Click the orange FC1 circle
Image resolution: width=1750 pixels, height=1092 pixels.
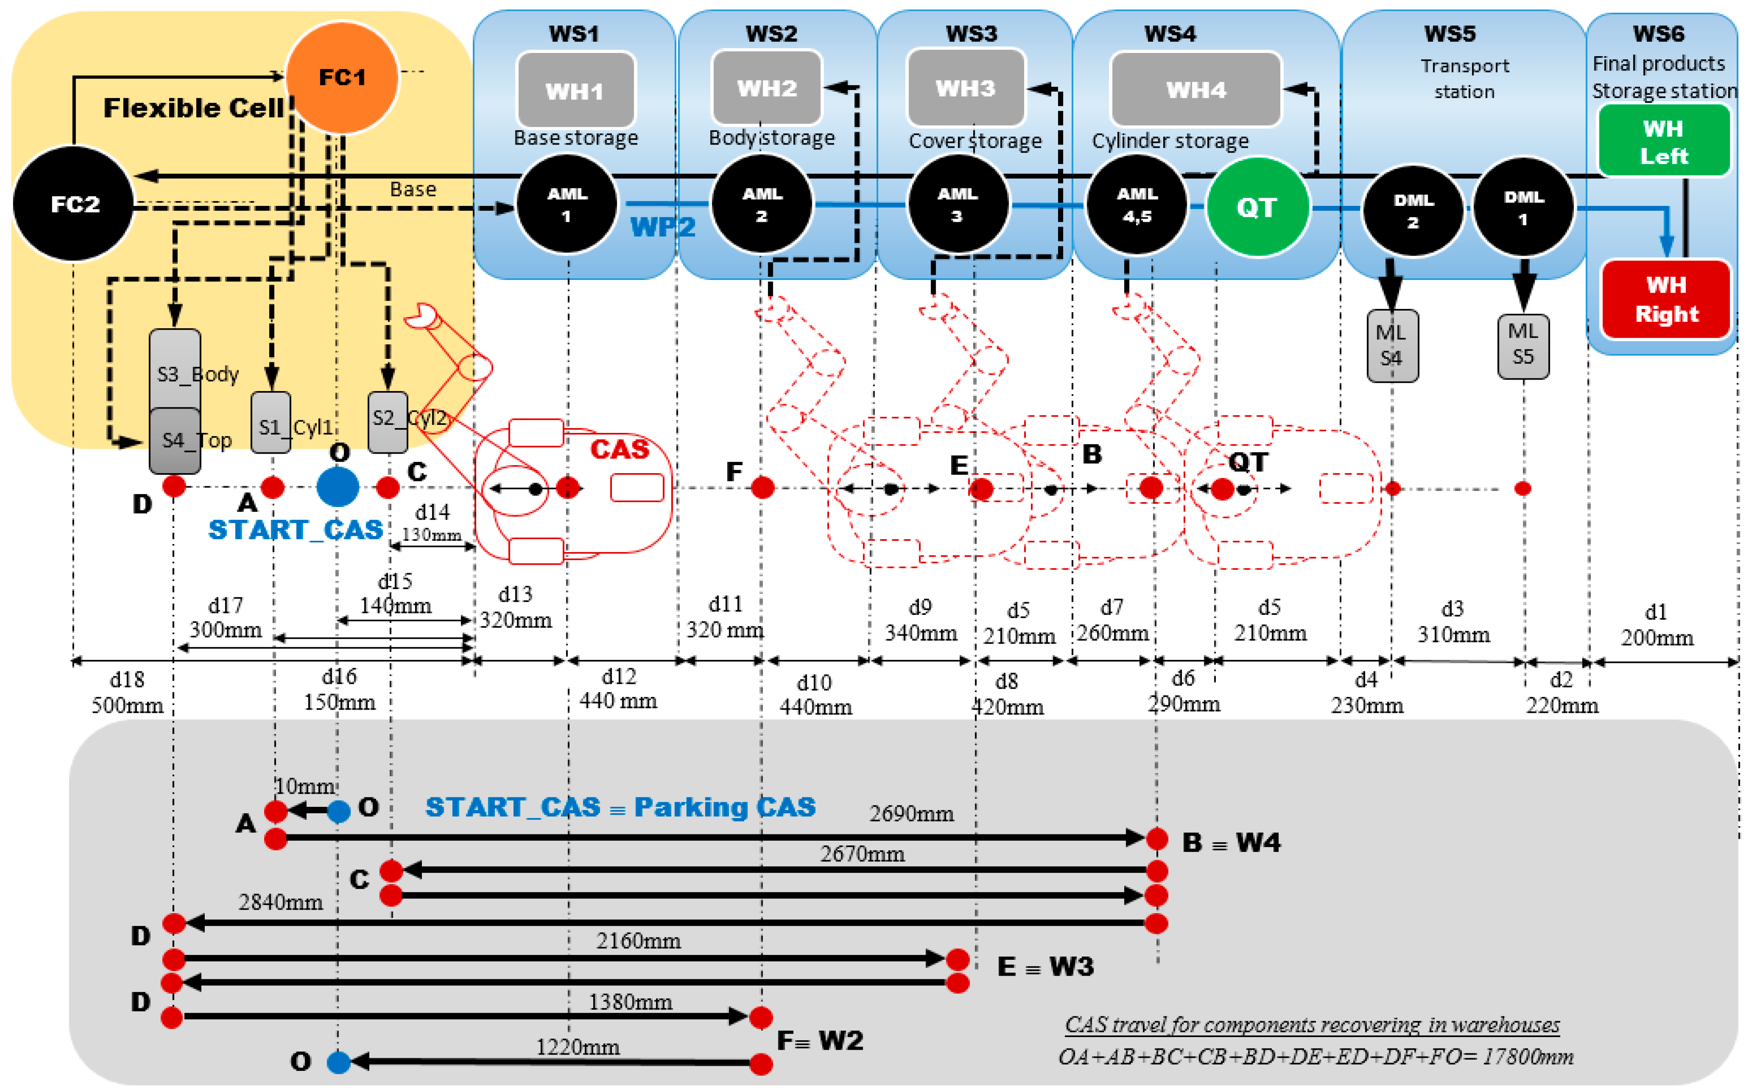tap(342, 77)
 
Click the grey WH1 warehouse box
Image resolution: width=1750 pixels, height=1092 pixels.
tap(576, 90)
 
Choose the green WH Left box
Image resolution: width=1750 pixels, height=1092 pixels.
tap(1663, 141)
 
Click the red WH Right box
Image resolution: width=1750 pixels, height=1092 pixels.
tap(1666, 299)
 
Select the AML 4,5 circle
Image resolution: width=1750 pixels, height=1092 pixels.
tap(1137, 205)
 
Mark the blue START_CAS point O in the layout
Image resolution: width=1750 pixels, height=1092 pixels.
tap(337, 487)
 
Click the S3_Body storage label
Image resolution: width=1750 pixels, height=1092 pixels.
tap(197, 374)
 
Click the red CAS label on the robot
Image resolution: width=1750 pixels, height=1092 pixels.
tap(620, 449)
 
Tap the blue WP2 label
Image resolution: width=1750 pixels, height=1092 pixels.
tap(662, 227)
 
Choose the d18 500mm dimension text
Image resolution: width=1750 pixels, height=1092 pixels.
tap(127, 692)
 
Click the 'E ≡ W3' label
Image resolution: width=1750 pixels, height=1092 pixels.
tap(1045, 966)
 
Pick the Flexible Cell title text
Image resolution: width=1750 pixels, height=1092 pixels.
tap(194, 108)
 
